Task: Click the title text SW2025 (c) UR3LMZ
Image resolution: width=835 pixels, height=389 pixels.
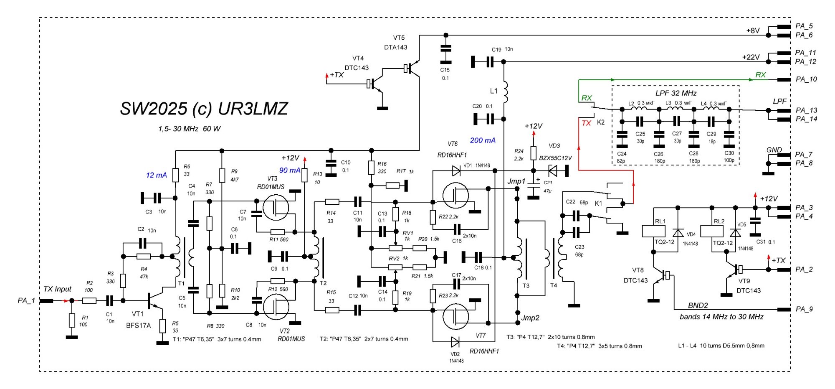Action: tap(204, 109)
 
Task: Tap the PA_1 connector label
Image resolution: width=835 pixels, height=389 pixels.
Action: tap(26, 300)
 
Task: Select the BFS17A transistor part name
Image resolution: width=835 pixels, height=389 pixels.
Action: tap(138, 325)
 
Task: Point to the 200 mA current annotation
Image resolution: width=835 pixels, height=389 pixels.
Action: tap(483, 140)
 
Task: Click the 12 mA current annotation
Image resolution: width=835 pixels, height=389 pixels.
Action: tap(156, 175)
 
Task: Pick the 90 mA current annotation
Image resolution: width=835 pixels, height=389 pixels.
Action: tap(289, 170)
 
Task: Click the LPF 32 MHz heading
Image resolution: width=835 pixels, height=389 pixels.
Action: tap(676, 93)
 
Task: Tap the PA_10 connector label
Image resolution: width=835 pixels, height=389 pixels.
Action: tap(806, 79)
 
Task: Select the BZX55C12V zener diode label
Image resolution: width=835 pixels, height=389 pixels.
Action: tap(555, 158)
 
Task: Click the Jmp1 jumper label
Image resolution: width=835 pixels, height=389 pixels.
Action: tap(516, 181)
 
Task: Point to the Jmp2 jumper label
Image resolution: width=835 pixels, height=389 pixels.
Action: tap(530, 318)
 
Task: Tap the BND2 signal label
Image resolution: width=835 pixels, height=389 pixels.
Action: tap(698, 305)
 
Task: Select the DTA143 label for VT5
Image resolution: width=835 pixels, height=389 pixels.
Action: tap(395, 47)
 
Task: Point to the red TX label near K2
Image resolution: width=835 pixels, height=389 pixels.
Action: tap(586, 123)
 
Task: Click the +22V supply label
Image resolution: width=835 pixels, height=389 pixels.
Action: tap(751, 57)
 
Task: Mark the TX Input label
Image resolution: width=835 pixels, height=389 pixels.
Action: tap(57, 289)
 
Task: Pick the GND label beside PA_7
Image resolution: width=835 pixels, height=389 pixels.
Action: tap(774, 150)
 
